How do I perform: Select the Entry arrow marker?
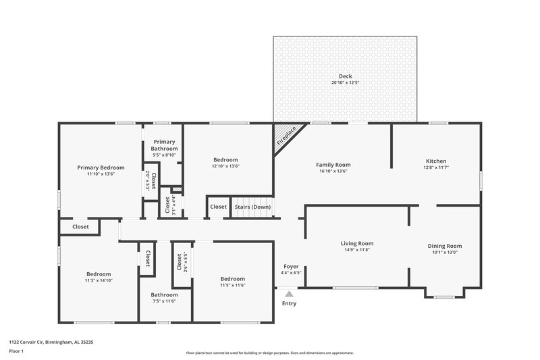[x=289, y=294]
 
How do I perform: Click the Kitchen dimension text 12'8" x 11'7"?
[x=435, y=168]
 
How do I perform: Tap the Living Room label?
[x=356, y=244]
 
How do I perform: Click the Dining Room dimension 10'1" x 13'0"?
[x=445, y=253]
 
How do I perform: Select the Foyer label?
[x=291, y=267]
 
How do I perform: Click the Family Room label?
[x=333, y=165]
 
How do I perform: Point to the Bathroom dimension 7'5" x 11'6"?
[x=164, y=301]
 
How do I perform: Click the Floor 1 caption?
[x=16, y=351]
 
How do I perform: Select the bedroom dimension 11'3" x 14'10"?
[x=98, y=280]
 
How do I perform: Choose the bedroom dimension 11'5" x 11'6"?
[x=232, y=285]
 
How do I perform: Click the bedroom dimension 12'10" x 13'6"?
[x=225, y=166]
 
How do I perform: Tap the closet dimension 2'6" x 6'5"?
[x=185, y=261]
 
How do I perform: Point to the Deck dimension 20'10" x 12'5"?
[x=345, y=82]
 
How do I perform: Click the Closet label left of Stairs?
[x=218, y=207]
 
